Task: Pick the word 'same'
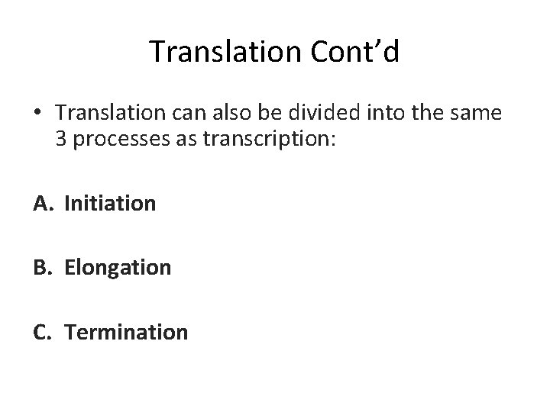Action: (480, 113)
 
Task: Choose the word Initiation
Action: (110, 204)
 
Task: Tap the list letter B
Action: (41, 268)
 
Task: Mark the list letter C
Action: (41, 333)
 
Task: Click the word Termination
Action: (126, 333)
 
